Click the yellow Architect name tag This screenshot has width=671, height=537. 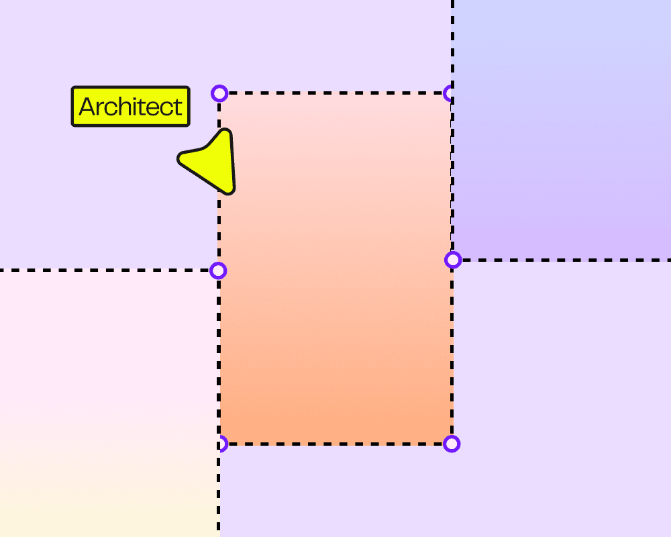[130, 106]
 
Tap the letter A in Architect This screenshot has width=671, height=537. [87, 107]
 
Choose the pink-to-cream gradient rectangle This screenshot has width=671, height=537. [107, 403]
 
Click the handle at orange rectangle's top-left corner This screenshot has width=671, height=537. [219, 93]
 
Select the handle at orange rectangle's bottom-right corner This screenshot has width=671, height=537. [452, 444]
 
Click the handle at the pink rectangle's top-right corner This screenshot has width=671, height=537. [218, 271]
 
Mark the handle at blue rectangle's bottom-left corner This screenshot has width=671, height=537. [453, 260]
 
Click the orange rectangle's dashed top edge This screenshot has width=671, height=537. [335, 93]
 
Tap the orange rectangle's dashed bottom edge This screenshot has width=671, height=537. [335, 444]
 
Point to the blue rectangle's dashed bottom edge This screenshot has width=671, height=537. [564, 260]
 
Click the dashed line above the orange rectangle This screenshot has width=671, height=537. [453, 40]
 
